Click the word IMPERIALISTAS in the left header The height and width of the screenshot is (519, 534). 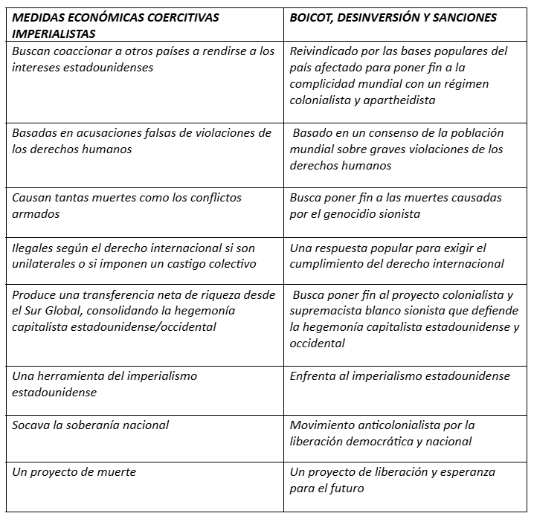(54, 34)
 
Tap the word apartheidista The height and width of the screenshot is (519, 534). (399, 100)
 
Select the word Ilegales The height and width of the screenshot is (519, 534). (33, 248)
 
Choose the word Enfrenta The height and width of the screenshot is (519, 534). (313, 376)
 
